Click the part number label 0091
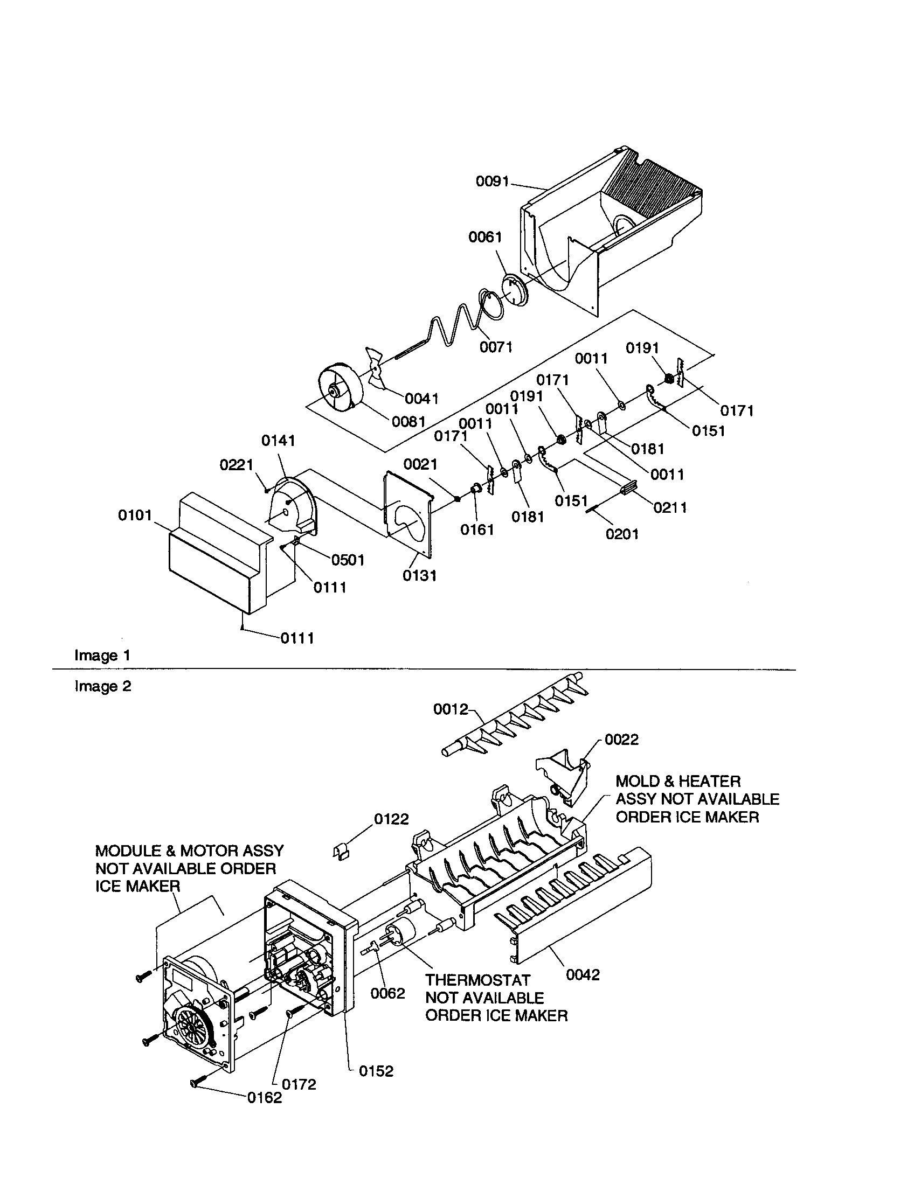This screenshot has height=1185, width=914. [492, 181]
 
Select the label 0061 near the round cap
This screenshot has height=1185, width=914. [485, 237]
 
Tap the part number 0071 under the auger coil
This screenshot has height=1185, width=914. [496, 347]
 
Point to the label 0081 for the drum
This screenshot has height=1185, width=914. [408, 421]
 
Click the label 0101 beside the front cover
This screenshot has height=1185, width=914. [135, 515]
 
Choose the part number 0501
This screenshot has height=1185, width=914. [348, 560]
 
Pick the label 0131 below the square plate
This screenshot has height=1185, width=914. [420, 576]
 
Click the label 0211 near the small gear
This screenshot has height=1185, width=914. [670, 508]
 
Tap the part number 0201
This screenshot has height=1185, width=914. [622, 534]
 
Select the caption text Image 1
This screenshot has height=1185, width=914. [102, 656]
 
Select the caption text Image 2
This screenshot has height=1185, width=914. [102, 686]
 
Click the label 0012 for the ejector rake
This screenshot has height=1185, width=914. [450, 709]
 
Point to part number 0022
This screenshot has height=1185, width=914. [621, 740]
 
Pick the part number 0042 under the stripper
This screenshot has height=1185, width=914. [583, 975]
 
